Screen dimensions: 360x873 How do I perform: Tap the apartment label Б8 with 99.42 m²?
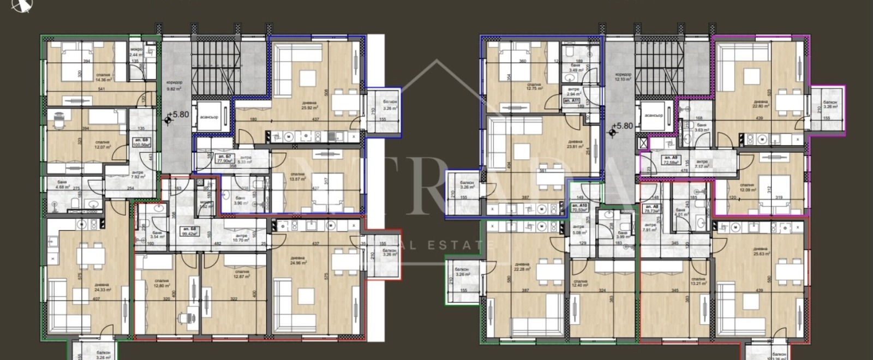point(189,231)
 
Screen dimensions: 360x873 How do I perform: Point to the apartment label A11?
point(571,101)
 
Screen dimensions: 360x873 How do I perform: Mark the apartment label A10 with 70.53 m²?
point(579,207)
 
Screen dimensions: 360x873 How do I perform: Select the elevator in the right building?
point(653,115)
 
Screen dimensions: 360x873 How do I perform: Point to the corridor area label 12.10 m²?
point(623,77)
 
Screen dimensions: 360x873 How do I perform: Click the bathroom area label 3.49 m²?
point(578,69)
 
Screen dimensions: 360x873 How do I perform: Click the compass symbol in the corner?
point(20,5)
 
